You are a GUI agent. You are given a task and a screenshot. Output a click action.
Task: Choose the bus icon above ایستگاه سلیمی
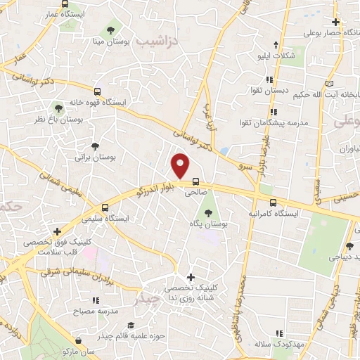104,208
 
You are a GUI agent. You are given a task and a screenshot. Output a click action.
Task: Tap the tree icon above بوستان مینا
110,30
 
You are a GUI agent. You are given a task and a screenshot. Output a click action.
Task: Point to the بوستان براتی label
95,158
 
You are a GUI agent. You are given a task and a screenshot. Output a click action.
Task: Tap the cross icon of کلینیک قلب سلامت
57,231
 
